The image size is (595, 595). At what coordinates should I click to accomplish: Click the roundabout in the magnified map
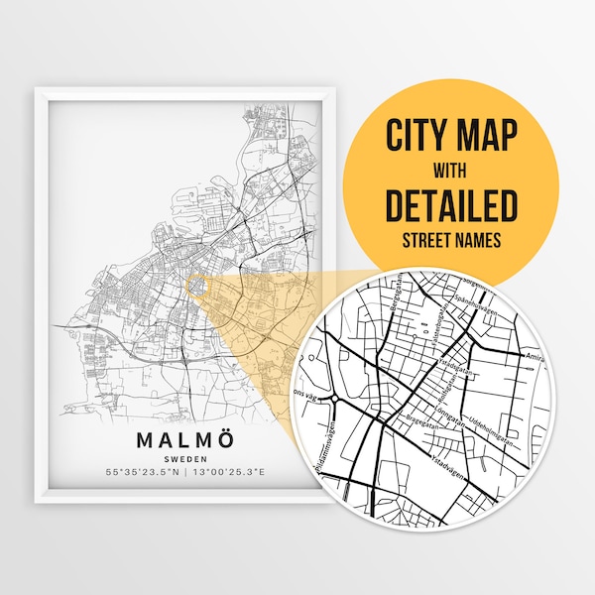[x=336, y=400]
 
